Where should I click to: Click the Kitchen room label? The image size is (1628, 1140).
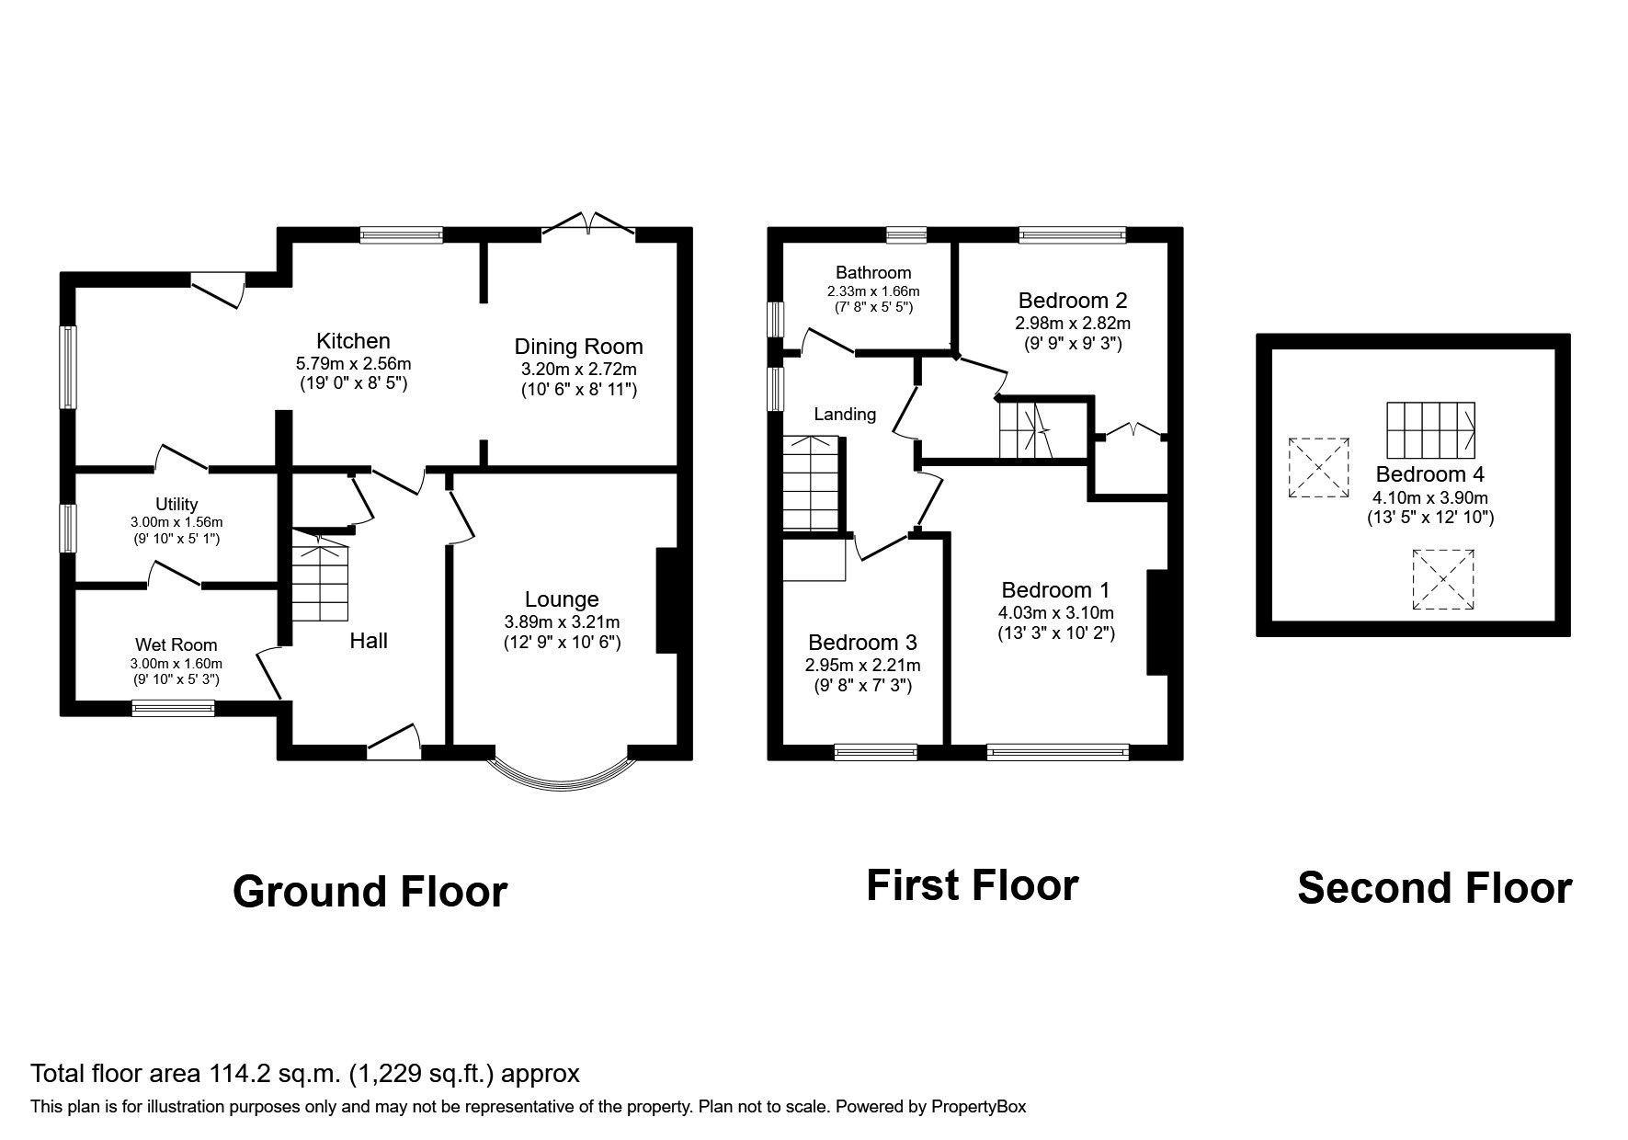click(x=353, y=341)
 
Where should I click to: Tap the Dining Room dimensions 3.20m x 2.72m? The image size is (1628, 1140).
click(x=577, y=370)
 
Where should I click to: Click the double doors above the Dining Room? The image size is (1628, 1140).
click(x=588, y=223)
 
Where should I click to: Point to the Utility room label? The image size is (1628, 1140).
click(x=176, y=504)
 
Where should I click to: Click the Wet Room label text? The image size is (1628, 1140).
click(x=176, y=644)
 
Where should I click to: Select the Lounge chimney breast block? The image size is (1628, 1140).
click(x=666, y=600)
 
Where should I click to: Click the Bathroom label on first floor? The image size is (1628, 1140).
click(x=873, y=272)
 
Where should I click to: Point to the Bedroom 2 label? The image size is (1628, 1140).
click(x=1072, y=300)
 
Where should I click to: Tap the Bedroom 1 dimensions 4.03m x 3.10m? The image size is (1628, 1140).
click(x=1055, y=613)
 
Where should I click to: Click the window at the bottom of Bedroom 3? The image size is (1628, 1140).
click(x=875, y=752)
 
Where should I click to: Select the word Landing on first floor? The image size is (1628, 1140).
click(x=844, y=415)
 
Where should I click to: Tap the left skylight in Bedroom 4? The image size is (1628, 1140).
click(x=1318, y=467)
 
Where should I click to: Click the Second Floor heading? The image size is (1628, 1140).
click(x=1434, y=888)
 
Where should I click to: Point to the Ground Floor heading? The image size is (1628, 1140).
click(x=370, y=892)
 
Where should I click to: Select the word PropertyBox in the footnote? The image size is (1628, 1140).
click(x=978, y=1107)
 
